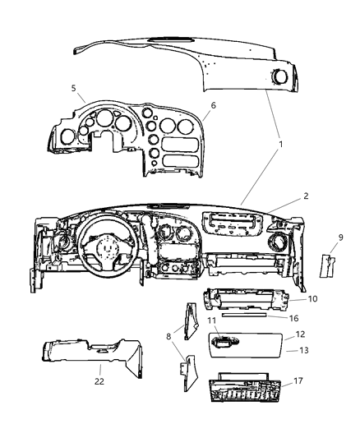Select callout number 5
click(73, 87)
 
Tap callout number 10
click(313, 300)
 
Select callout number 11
click(212, 320)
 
